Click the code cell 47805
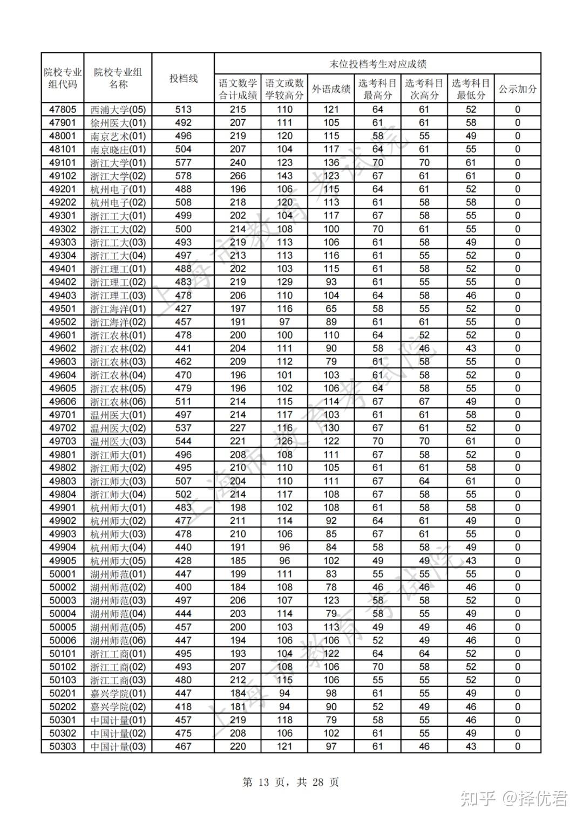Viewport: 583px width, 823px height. click(x=63, y=109)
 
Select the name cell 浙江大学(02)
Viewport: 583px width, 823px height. click(x=118, y=176)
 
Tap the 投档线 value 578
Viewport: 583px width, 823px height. click(x=183, y=176)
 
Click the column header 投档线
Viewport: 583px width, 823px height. click(x=183, y=79)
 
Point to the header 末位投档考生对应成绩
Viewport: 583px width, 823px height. click(x=378, y=64)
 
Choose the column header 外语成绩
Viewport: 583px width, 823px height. click(x=331, y=90)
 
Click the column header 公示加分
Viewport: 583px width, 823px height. click(x=517, y=90)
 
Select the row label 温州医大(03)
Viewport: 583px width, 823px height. click(x=118, y=441)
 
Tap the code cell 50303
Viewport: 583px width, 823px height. click(x=63, y=746)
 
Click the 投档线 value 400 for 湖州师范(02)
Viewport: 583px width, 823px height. click(x=183, y=587)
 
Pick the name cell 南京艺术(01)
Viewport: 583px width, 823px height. click(x=118, y=136)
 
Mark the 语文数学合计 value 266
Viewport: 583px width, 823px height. click(x=238, y=176)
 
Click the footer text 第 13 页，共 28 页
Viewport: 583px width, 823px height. click(x=291, y=782)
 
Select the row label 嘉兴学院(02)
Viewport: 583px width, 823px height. click(x=118, y=707)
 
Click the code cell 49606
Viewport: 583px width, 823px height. click(x=63, y=401)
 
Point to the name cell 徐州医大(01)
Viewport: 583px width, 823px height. click(x=118, y=122)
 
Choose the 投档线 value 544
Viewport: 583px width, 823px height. click(x=183, y=441)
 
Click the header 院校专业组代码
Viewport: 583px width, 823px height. click(x=63, y=79)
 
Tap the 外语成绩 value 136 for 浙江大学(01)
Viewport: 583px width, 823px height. click(x=331, y=162)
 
